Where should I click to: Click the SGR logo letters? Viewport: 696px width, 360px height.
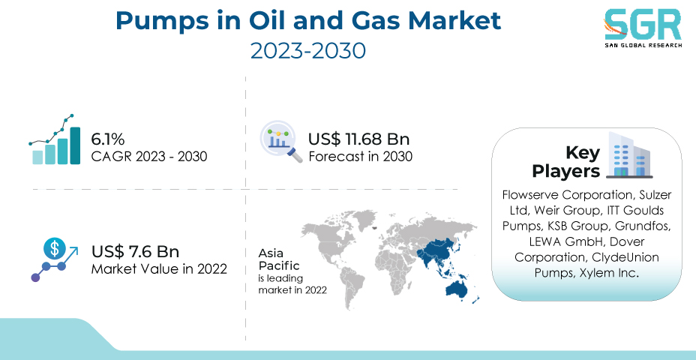642,25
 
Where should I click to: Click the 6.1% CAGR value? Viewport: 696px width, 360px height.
108,139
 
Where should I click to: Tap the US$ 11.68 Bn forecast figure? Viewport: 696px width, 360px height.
358,139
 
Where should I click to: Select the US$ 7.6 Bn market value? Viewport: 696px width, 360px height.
136,251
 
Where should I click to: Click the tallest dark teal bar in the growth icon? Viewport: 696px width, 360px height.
75,145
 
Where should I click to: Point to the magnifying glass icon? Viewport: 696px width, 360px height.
281,142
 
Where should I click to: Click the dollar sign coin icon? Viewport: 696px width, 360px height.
54,248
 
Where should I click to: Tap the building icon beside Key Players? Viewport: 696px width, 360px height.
629,154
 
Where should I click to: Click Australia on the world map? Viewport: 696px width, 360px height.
458,289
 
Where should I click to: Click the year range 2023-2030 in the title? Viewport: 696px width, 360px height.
308,51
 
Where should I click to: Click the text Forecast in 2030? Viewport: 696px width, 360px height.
361,157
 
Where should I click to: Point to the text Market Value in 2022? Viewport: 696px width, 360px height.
159,268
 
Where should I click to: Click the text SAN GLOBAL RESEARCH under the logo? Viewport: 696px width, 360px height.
643,45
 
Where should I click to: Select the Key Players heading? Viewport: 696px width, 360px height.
566,161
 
